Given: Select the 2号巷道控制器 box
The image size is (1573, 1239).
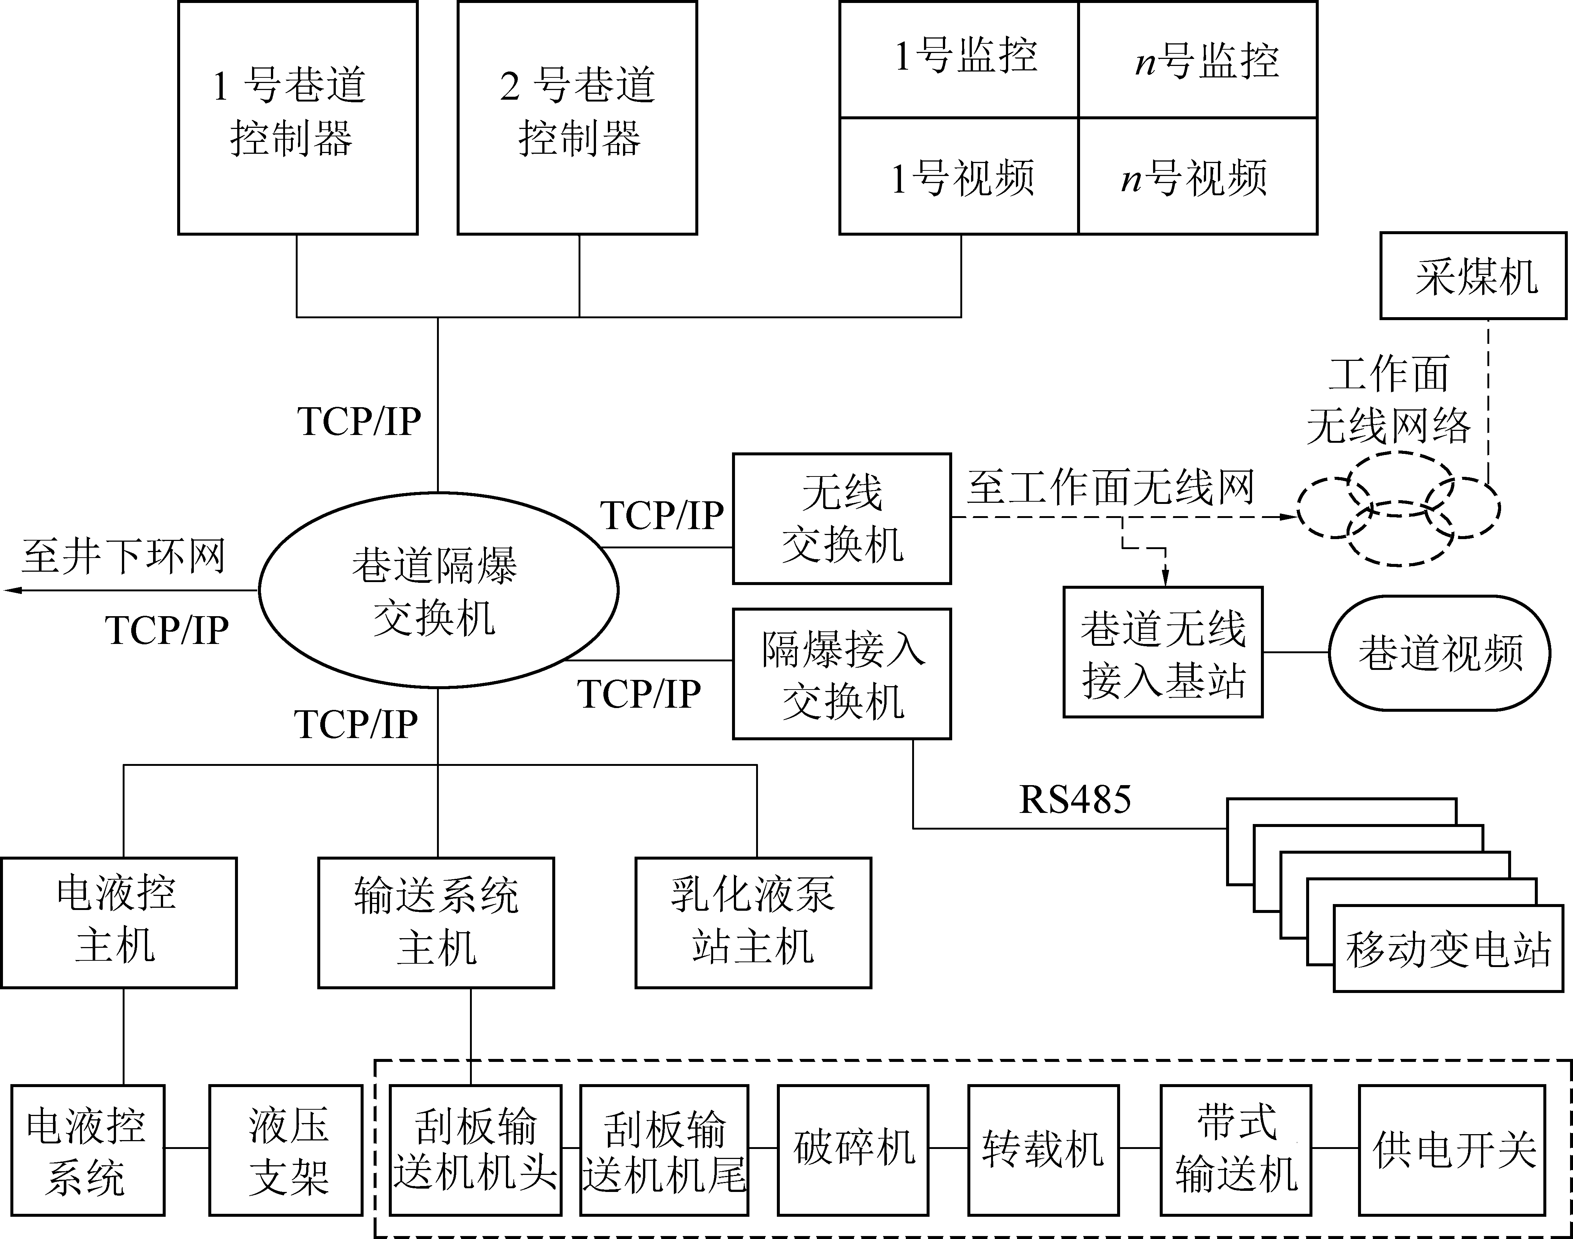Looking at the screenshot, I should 577,117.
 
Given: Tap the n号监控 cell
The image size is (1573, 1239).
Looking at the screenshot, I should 1198,60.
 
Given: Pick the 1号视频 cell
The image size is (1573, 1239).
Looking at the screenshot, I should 959,176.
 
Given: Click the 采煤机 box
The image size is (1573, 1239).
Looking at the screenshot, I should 1473,276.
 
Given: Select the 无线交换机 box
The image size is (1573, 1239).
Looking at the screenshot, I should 842,519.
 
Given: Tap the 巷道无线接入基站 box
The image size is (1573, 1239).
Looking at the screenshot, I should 1163,652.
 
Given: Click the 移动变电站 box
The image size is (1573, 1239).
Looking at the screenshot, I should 1448,948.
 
